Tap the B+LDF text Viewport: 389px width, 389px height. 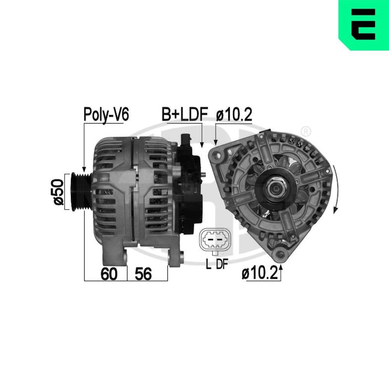click(x=185, y=114)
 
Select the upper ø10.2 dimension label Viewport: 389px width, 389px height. click(x=234, y=114)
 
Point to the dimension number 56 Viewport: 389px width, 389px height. click(x=143, y=274)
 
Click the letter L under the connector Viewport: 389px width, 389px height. click(x=209, y=265)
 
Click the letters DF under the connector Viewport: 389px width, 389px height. click(x=222, y=265)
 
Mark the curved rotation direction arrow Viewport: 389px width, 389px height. click(x=336, y=189)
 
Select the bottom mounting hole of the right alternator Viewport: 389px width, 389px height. click(x=279, y=254)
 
